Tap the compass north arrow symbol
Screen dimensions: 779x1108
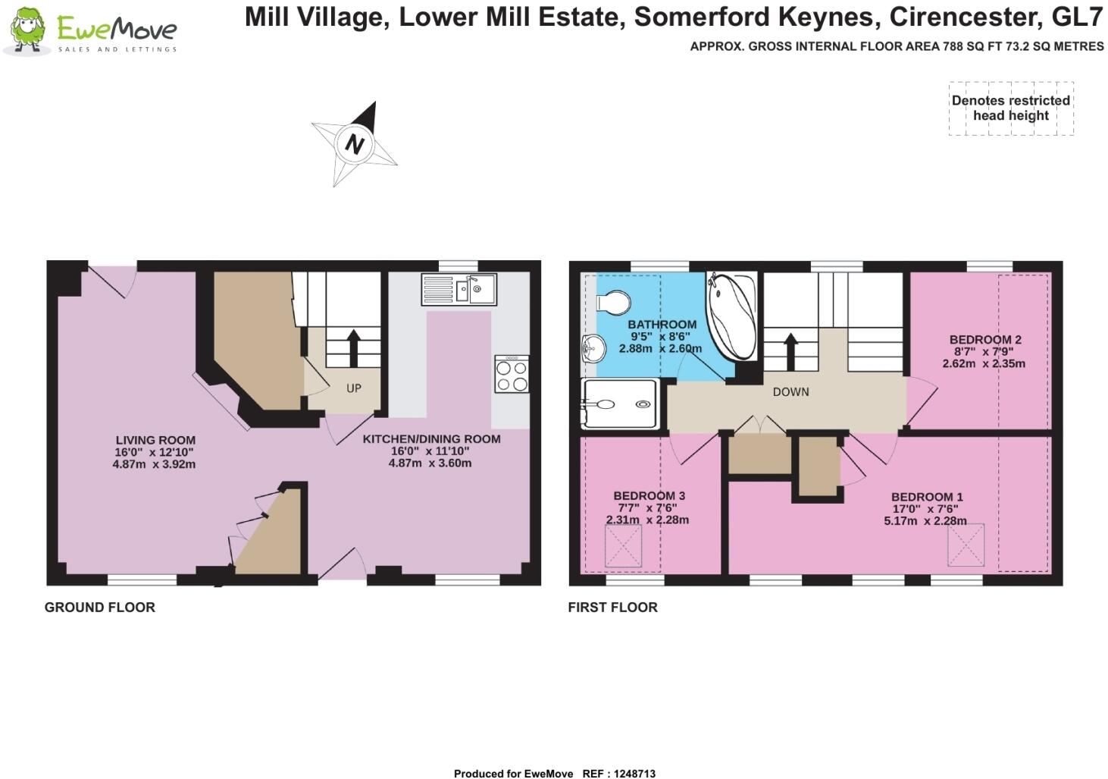(x=354, y=143)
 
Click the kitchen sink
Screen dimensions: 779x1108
(x=459, y=288)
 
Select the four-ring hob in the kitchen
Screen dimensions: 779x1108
(x=512, y=374)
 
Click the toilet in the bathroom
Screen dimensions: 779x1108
(x=612, y=303)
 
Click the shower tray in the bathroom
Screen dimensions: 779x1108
(x=618, y=404)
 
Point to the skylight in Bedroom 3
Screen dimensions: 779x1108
(x=624, y=546)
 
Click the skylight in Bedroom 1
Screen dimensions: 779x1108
(x=966, y=545)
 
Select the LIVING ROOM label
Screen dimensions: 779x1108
(x=155, y=440)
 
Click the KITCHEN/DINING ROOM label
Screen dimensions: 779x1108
(x=431, y=439)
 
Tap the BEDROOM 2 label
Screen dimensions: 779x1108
(x=985, y=340)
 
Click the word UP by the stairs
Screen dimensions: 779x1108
(x=354, y=388)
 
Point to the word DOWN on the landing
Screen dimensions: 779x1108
(x=790, y=392)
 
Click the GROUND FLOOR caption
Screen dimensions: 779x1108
(x=99, y=608)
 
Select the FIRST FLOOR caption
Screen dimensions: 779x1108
(x=612, y=608)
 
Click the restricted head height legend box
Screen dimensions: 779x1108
(x=1011, y=108)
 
